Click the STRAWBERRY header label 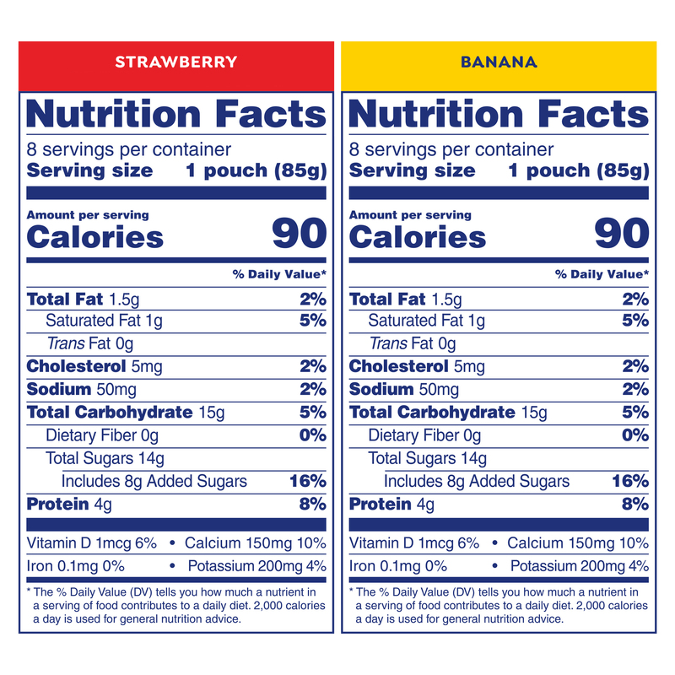pyautogui.click(x=175, y=62)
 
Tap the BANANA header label pyautogui.click(x=499, y=62)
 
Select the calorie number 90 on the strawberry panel pyautogui.click(x=299, y=234)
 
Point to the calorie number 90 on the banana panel pyautogui.click(x=622, y=234)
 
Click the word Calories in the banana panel pyautogui.click(x=418, y=237)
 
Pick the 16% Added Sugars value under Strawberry pyautogui.click(x=307, y=482)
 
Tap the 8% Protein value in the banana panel pyautogui.click(x=635, y=505)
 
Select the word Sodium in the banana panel pyautogui.click(x=381, y=389)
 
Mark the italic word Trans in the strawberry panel pyautogui.click(x=64, y=344)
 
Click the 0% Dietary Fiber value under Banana pyautogui.click(x=635, y=435)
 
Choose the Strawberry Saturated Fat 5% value pyautogui.click(x=312, y=321)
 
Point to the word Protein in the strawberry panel pyautogui.click(x=57, y=505)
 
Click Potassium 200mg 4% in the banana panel pyautogui.click(x=580, y=566)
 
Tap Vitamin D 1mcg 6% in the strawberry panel pyautogui.click(x=92, y=543)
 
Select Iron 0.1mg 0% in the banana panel pyautogui.click(x=398, y=566)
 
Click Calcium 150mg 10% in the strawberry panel pyautogui.click(x=255, y=543)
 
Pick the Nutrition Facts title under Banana pyautogui.click(x=499, y=114)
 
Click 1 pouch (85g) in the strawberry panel pyautogui.click(x=256, y=170)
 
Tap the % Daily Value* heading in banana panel pyautogui.click(x=602, y=274)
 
